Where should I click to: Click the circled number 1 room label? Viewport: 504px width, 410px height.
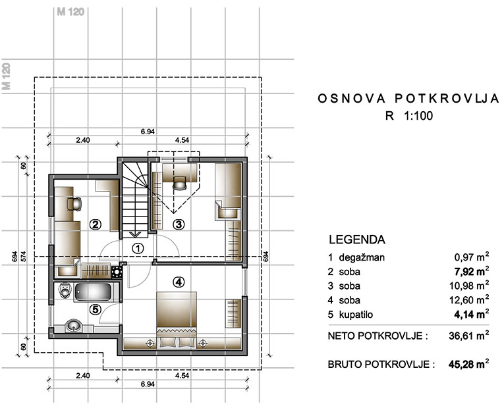(138, 248)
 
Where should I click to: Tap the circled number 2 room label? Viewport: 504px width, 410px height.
(95, 224)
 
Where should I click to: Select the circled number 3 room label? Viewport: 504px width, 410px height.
(179, 224)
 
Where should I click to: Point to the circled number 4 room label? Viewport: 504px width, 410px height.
(179, 282)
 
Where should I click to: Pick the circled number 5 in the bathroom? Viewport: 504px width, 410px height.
(95, 309)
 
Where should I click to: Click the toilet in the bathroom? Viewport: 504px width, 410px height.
(65, 290)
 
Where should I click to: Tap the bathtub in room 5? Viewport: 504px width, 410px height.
(93, 292)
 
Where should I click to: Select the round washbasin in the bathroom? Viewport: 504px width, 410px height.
(74, 326)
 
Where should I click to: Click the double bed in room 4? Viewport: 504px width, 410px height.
(177, 320)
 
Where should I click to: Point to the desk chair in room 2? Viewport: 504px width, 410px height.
(74, 204)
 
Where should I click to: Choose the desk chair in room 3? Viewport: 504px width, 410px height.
(180, 184)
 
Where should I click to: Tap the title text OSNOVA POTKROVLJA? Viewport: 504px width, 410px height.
(408, 99)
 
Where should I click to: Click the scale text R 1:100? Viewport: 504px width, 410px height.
(409, 116)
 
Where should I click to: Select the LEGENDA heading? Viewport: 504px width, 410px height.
(357, 240)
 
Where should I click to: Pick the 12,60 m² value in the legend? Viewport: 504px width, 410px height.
(469, 299)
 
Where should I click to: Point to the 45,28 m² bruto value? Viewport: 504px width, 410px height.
(469, 364)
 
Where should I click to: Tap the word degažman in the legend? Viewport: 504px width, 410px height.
(362, 257)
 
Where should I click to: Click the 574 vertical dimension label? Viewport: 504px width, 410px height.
(23, 256)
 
